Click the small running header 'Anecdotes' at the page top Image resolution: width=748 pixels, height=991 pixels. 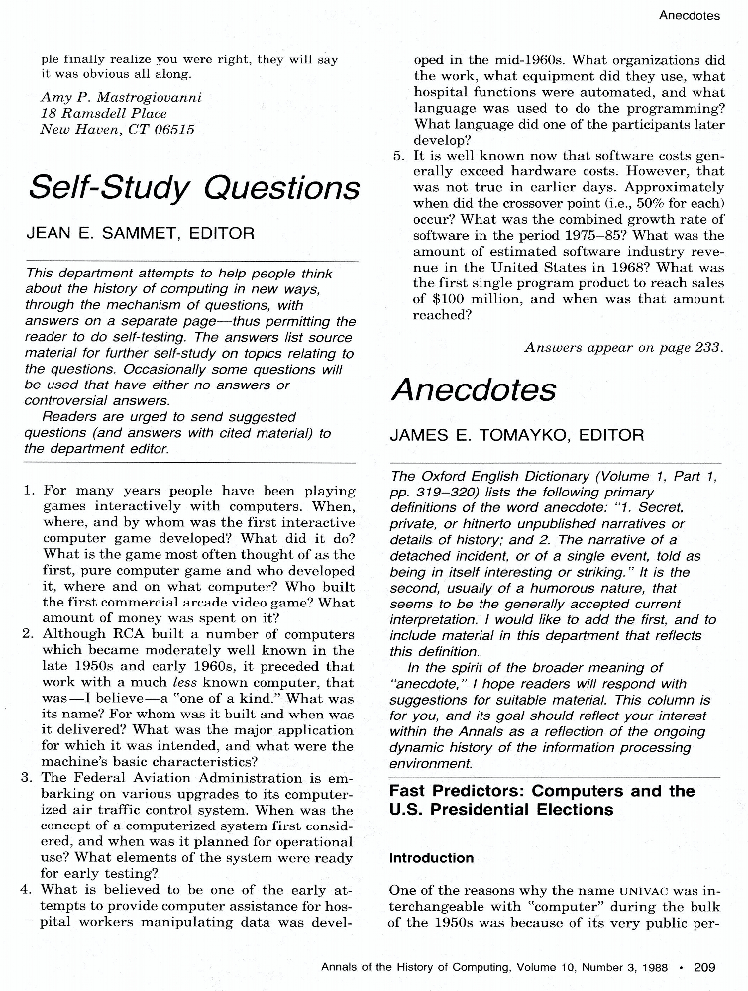point(689,15)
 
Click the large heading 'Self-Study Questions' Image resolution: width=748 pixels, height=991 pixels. point(194,187)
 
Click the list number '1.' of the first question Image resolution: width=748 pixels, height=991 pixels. point(29,491)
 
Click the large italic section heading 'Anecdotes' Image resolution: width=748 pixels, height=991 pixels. point(474,389)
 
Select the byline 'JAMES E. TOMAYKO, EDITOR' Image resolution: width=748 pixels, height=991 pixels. point(516,435)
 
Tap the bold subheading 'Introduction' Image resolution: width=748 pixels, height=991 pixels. point(431,858)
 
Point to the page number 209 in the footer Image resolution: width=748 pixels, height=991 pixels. point(705,966)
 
